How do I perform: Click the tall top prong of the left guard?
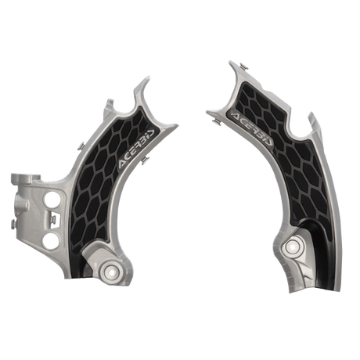tap(140, 86)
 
